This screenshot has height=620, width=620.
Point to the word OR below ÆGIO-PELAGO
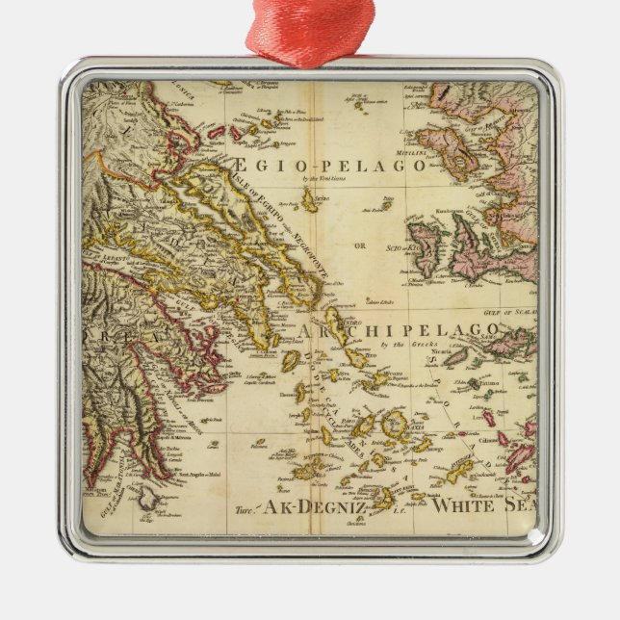(360, 244)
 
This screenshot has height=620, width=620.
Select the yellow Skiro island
(311, 199)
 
